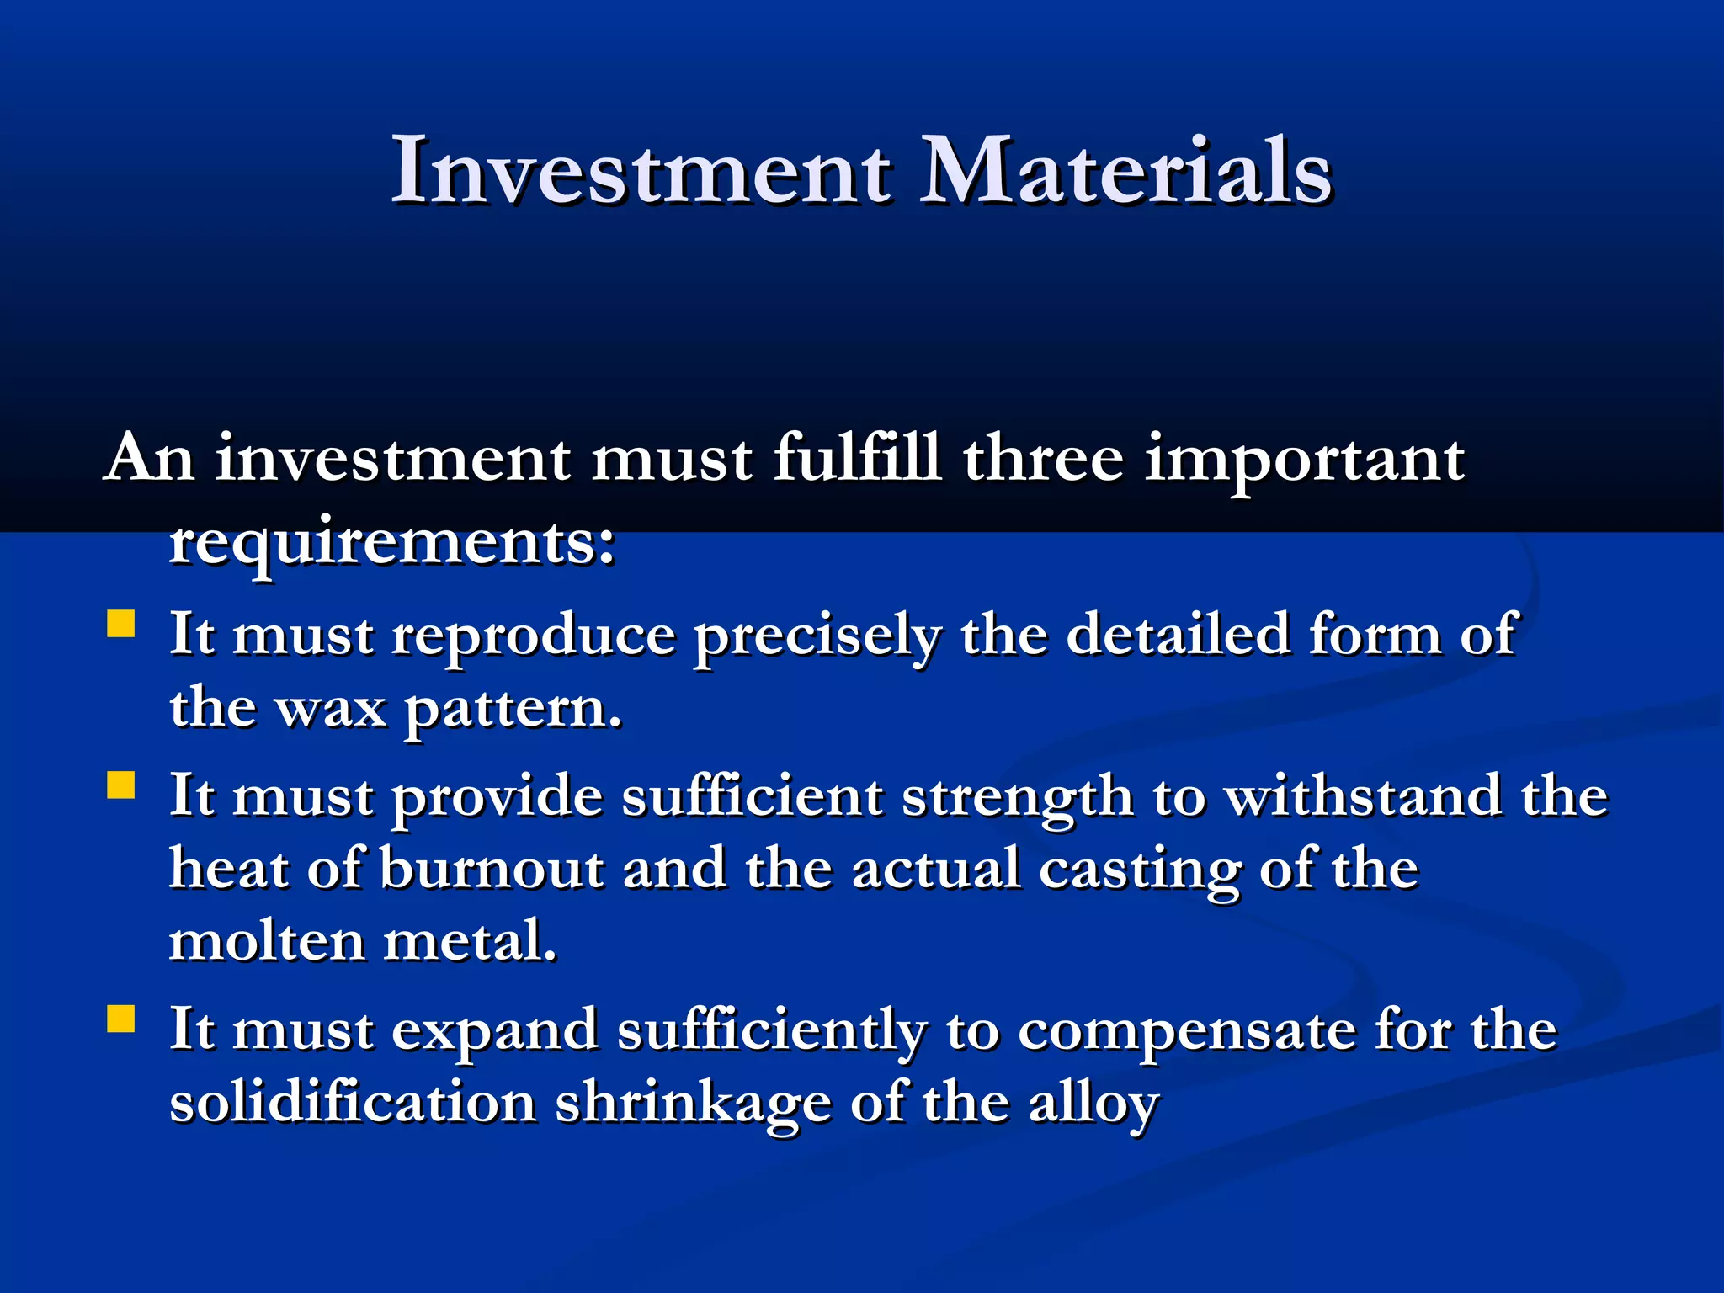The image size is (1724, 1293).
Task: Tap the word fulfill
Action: pyautogui.click(x=857, y=458)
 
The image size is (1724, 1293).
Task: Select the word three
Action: pyautogui.click(x=1043, y=458)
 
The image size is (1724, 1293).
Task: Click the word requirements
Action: pyautogui.click(x=392, y=543)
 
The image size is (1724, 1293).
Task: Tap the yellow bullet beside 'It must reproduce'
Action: pyautogui.click(x=121, y=625)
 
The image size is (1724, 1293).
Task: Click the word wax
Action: pyautogui.click(x=331, y=709)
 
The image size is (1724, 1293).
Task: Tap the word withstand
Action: pyautogui.click(x=1362, y=795)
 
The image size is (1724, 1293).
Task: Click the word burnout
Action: pyautogui.click(x=492, y=869)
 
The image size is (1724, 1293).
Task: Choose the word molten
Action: pyautogui.click(x=267, y=941)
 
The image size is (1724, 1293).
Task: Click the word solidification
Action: pyautogui.click(x=354, y=1102)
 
